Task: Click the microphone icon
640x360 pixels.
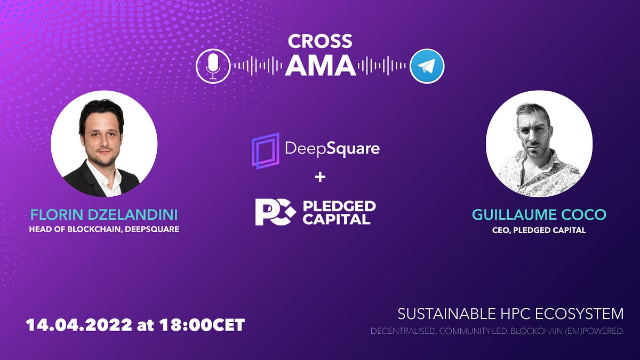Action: pyautogui.click(x=213, y=66)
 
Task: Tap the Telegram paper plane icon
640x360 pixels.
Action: pyautogui.click(x=427, y=66)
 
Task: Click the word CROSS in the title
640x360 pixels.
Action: pyautogui.click(x=320, y=42)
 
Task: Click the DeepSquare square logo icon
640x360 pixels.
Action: pyautogui.click(x=266, y=150)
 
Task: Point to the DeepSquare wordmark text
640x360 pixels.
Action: pyautogui.click(x=332, y=149)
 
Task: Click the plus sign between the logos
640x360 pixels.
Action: pyautogui.click(x=320, y=177)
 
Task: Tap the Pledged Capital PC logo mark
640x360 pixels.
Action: pyautogui.click(x=275, y=212)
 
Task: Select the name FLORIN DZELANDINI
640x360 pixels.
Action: pyautogui.click(x=104, y=215)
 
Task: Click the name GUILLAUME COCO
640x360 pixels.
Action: pyautogui.click(x=539, y=215)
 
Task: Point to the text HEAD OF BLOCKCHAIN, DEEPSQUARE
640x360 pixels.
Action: pyautogui.click(x=104, y=230)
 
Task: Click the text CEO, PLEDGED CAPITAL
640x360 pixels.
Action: pyautogui.click(x=539, y=230)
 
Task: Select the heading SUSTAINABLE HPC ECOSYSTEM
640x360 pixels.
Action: pyautogui.click(x=510, y=313)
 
